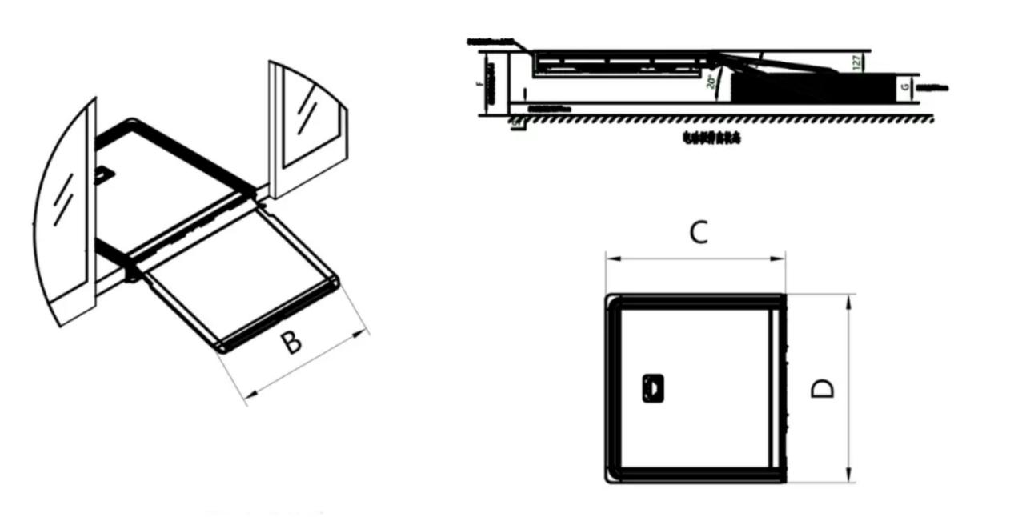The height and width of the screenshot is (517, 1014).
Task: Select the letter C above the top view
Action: [x=698, y=233]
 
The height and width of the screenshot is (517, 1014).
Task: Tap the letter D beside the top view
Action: [x=822, y=388]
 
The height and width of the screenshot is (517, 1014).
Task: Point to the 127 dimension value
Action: [x=857, y=62]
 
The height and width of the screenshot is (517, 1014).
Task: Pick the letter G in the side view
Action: [x=905, y=87]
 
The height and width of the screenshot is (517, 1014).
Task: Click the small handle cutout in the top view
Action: [x=652, y=388]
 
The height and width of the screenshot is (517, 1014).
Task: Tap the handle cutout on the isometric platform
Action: [x=103, y=175]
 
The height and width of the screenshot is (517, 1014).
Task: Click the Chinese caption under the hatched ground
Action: [x=711, y=138]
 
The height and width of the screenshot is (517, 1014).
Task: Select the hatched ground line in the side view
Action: [x=720, y=119]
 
